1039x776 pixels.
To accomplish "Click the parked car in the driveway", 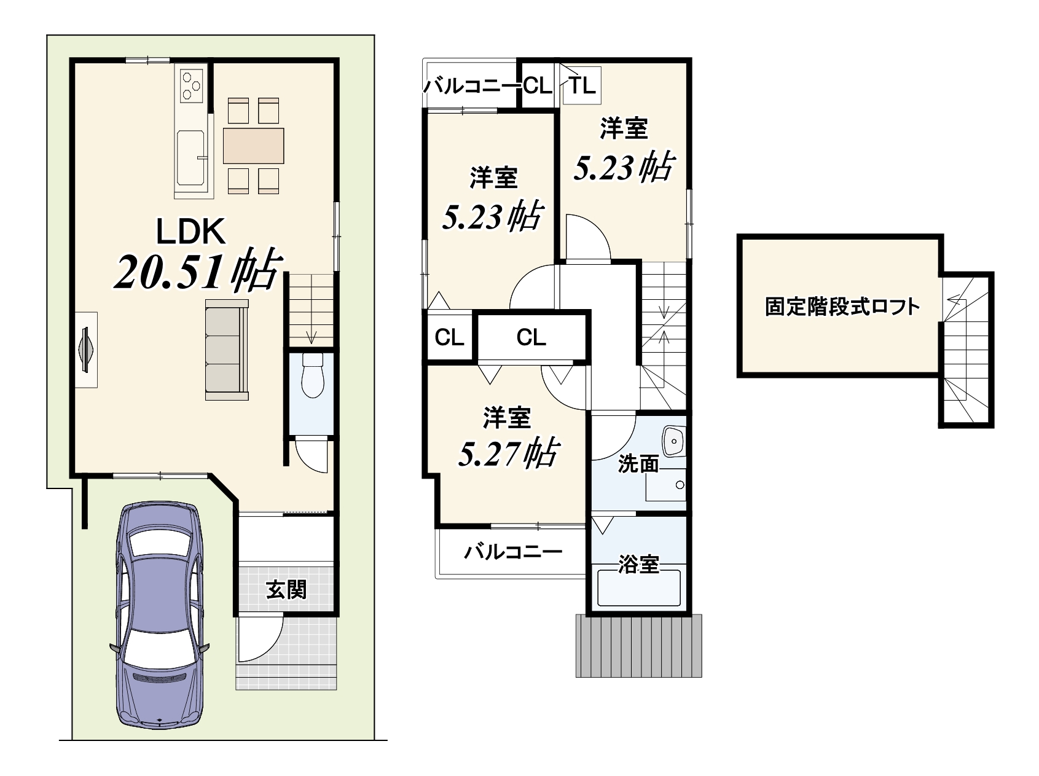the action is click(x=160, y=614).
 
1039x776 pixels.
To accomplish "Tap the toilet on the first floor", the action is click(x=312, y=374).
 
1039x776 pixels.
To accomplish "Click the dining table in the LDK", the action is click(x=254, y=146).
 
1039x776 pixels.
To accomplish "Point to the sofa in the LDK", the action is click(x=227, y=350).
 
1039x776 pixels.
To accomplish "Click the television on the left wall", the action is click(x=87, y=350).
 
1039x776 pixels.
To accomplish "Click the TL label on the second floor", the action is click(x=582, y=85).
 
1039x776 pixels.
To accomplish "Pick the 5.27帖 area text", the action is click(x=508, y=453).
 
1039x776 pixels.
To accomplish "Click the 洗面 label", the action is click(x=638, y=464).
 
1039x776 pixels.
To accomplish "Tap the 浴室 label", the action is click(x=639, y=563).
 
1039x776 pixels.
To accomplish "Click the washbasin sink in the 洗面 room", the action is click(x=674, y=441).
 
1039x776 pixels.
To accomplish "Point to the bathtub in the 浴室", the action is click(x=639, y=588).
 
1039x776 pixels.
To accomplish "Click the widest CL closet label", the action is click(x=531, y=337).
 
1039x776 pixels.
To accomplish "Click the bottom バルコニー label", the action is click(x=513, y=551).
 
